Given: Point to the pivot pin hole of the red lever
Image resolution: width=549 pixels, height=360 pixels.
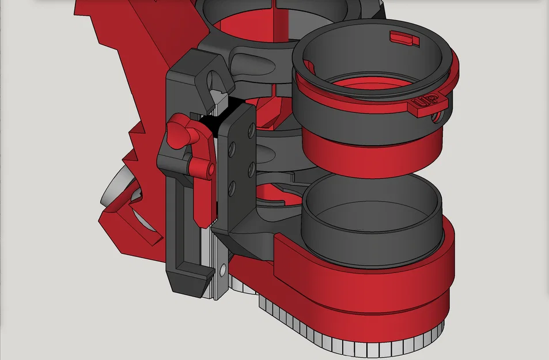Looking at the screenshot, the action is coord(211,170).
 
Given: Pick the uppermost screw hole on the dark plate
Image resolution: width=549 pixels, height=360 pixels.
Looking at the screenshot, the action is coord(251,131).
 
